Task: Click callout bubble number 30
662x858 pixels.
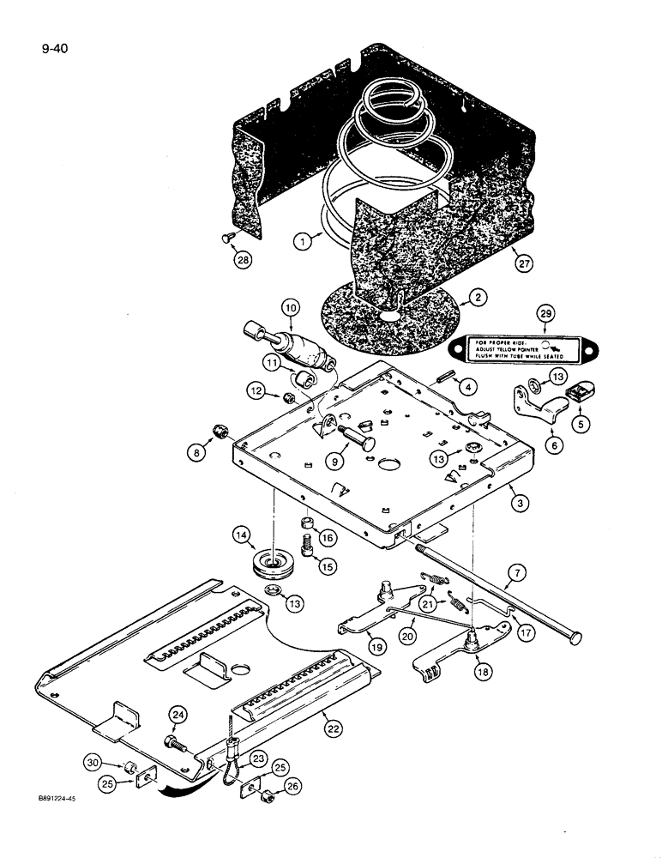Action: [92, 761]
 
